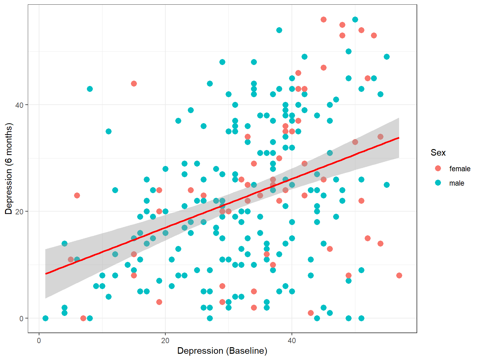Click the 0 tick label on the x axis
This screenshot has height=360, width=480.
tap(39, 341)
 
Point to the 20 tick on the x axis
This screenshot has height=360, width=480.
tap(165, 341)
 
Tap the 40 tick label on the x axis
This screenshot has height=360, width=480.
tap(292, 341)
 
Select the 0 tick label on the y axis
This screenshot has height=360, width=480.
tap(22, 318)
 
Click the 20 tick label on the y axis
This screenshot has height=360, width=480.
tap(20, 212)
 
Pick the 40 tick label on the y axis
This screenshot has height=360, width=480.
tap(20, 105)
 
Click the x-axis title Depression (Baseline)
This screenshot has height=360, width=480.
tap(222, 351)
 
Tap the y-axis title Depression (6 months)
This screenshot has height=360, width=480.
tap(8, 169)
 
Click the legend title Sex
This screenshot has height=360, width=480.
tap(438, 152)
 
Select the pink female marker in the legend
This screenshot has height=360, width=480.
tap(438, 168)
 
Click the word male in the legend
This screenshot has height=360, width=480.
tap(457, 183)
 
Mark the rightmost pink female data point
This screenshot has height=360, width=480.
tap(399, 275)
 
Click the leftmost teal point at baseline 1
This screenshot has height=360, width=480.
tap(45, 318)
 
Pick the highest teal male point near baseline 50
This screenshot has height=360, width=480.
tap(355, 19)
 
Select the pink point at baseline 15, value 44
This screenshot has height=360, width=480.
tap(134, 83)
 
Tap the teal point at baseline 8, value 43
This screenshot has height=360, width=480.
tap(90, 89)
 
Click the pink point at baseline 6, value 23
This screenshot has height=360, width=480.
tap(77, 195)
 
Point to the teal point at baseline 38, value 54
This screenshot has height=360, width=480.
tap(279, 30)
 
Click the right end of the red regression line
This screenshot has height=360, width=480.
tap(399, 137)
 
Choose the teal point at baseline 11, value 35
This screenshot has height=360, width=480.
tap(108, 131)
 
